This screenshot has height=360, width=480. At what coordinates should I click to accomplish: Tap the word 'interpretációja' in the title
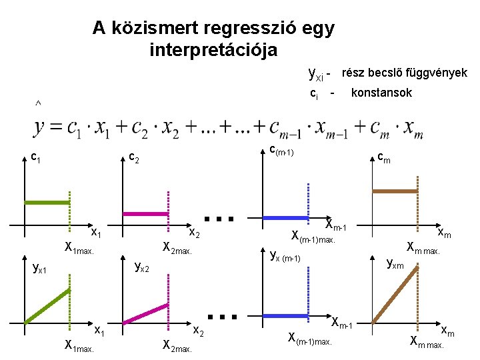pyautogui.click(x=213, y=50)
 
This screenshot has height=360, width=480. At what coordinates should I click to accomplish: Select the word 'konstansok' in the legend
pyautogui.click(x=381, y=93)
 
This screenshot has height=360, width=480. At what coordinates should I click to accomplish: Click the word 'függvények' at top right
pyautogui.click(x=435, y=73)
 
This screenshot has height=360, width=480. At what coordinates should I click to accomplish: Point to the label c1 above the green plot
pyautogui.click(x=38, y=158)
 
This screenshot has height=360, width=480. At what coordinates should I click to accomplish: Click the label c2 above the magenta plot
pyautogui.click(x=133, y=159)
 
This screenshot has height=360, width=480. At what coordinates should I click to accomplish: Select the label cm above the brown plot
pyautogui.click(x=384, y=158)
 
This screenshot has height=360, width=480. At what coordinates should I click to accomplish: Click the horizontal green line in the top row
pyautogui.click(x=47, y=202)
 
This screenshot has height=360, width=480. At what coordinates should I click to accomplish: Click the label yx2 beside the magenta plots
pyautogui.click(x=142, y=267)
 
